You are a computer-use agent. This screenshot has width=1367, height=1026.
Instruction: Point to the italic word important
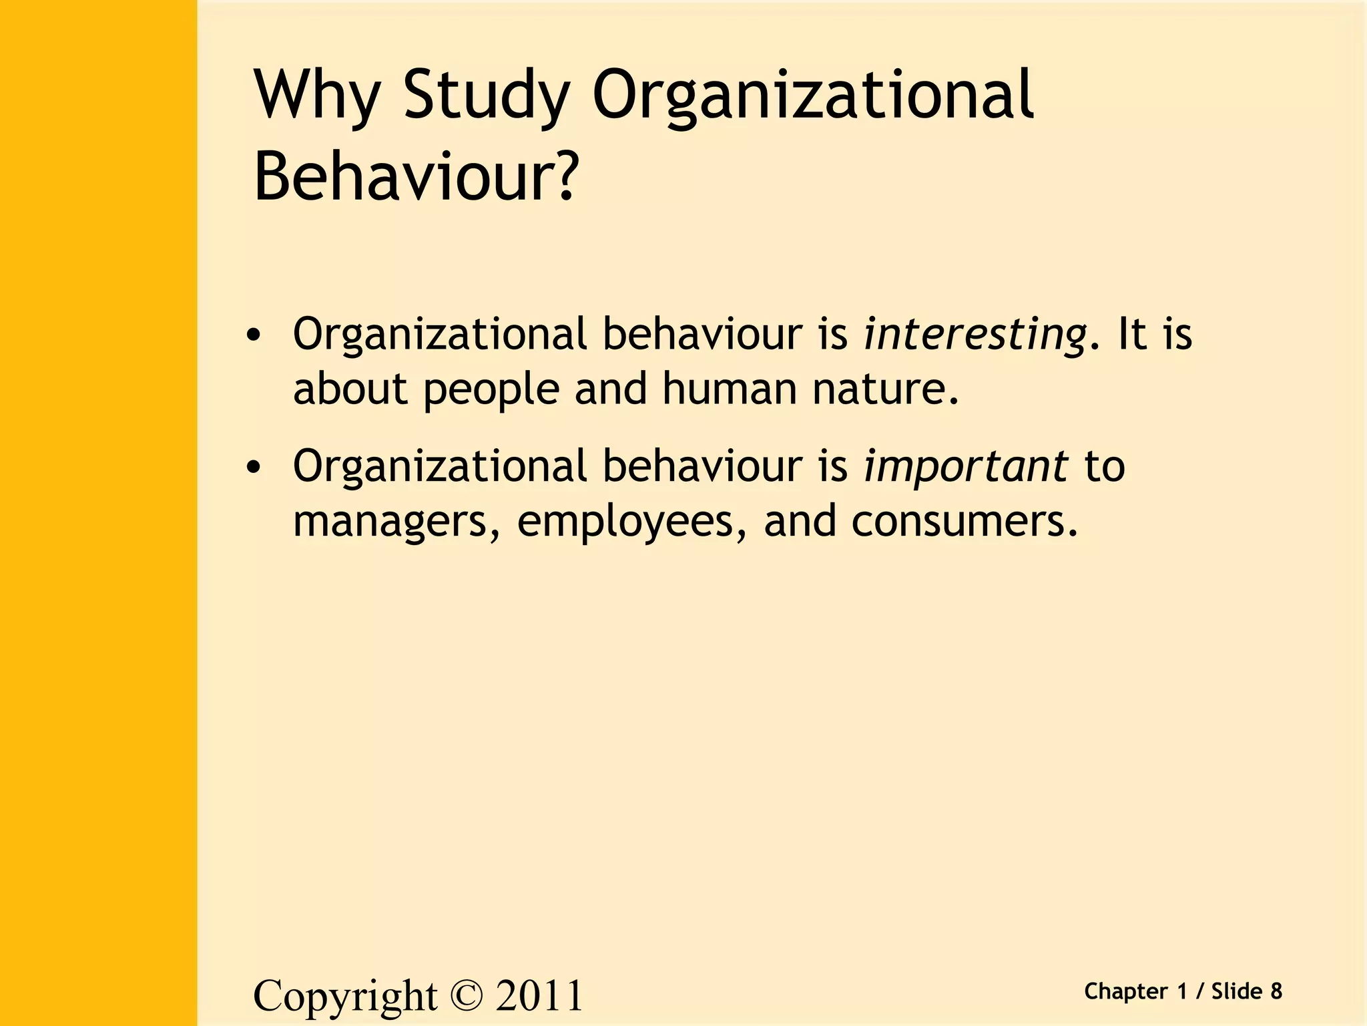tap(966, 466)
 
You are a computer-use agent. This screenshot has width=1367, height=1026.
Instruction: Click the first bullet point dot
tap(252, 336)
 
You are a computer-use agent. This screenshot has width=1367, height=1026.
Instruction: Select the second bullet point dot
tap(252, 468)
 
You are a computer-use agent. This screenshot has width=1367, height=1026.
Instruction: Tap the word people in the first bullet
tap(491, 389)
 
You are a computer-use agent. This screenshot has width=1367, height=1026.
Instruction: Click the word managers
tap(396, 522)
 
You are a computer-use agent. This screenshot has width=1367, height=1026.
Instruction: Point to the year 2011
tap(539, 995)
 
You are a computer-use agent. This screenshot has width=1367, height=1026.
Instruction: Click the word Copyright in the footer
tap(345, 996)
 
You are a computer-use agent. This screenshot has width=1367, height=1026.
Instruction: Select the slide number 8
tap(1276, 991)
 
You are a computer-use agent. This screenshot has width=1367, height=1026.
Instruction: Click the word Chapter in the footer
tap(1126, 991)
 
